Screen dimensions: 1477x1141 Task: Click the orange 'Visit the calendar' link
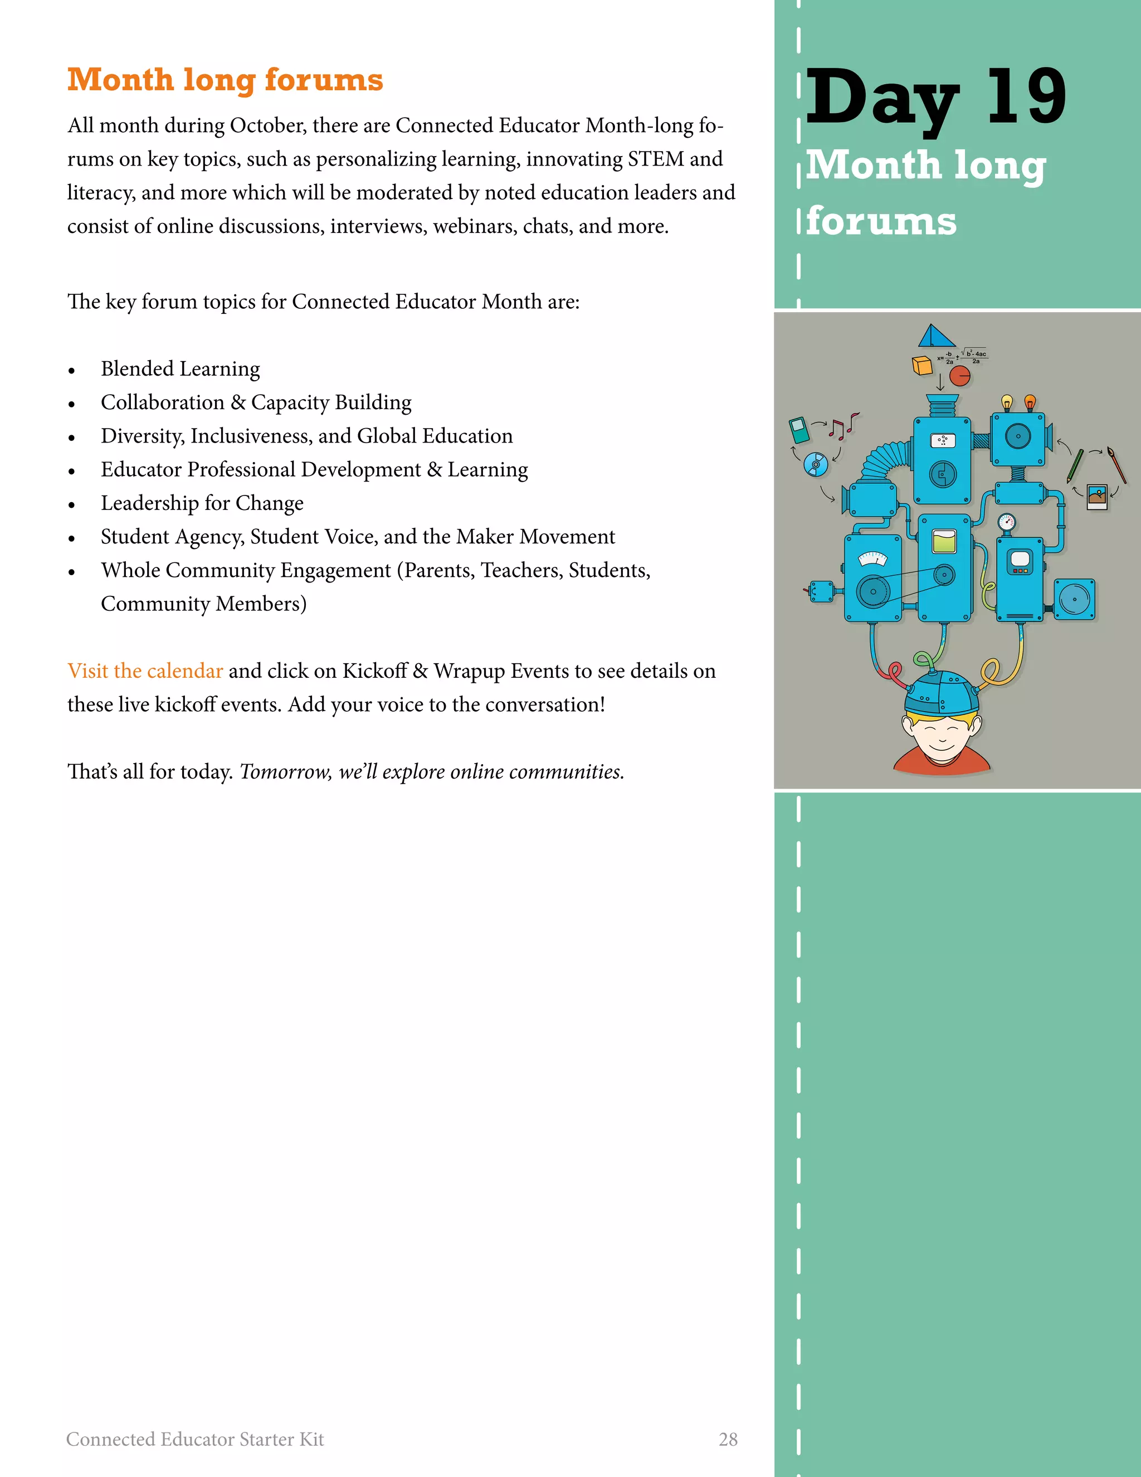click(145, 671)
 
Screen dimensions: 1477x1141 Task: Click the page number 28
click(728, 1439)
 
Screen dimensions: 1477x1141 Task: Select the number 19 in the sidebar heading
click(1026, 98)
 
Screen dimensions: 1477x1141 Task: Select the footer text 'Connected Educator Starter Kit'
click(194, 1439)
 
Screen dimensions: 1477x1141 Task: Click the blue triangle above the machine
click(935, 336)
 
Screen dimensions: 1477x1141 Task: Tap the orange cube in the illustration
click(922, 365)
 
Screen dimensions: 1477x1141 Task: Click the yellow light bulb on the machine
click(1007, 402)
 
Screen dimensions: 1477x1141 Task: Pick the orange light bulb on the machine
click(1030, 402)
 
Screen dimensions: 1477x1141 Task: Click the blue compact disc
click(816, 464)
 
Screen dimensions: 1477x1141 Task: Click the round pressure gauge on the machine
click(1007, 522)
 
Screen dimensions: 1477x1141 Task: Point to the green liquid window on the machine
click(944, 542)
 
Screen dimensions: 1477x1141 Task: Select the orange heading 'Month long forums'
click(225, 80)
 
